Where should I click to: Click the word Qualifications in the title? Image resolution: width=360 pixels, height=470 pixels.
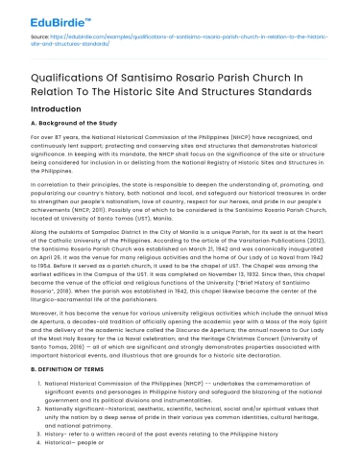[x=58, y=80]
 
